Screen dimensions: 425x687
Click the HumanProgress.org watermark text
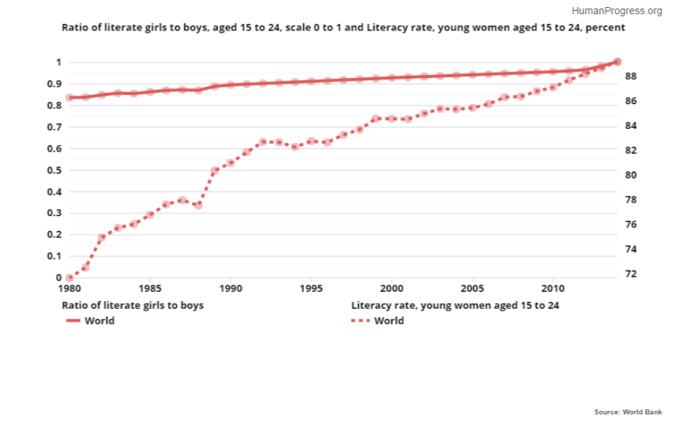616,11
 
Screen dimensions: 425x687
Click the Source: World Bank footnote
628,412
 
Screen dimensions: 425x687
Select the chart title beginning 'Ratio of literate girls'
343,28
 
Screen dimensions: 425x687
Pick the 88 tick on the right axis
632,76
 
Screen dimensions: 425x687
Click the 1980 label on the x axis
69,290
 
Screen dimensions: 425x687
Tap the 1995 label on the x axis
311,290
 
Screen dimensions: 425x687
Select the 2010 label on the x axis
552,290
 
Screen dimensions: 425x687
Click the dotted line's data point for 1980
69,278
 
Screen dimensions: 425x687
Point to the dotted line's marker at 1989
215,171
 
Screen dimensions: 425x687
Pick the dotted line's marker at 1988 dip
198,205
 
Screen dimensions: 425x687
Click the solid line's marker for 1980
69,97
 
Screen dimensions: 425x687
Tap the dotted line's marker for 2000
392,119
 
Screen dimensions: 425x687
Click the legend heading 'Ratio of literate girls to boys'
133,305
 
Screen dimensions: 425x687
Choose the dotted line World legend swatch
360,321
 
